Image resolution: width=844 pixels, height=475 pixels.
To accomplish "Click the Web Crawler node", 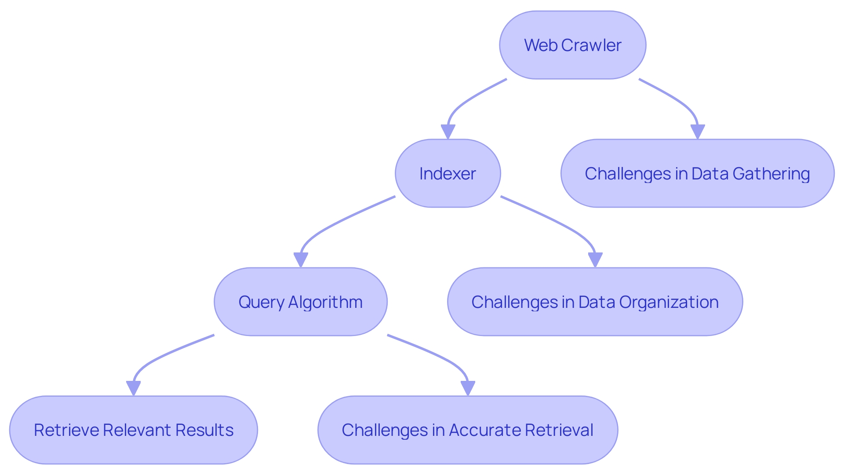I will [x=572, y=45].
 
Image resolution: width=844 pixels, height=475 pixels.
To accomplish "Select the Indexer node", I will [x=447, y=173].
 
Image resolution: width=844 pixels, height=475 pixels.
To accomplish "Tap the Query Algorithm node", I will [x=300, y=302].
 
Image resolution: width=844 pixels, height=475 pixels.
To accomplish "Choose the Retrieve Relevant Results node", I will [x=133, y=430].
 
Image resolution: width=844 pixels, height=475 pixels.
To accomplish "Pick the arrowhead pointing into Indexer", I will [x=447, y=132].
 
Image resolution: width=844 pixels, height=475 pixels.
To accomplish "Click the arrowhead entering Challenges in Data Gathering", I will [x=698, y=132].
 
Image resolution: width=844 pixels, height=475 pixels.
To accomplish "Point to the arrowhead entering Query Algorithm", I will [x=301, y=260].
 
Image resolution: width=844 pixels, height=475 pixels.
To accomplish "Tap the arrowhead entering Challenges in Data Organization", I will [x=595, y=260].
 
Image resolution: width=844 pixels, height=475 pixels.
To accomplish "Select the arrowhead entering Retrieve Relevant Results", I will [x=133, y=388].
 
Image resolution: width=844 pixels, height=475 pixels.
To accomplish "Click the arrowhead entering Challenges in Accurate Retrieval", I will [x=468, y=388].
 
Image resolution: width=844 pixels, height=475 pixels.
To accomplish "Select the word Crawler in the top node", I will [x=591, y=45].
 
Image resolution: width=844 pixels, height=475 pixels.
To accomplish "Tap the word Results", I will [x=204, y=430].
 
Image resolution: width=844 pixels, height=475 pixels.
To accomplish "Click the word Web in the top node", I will [x=541, y=45].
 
